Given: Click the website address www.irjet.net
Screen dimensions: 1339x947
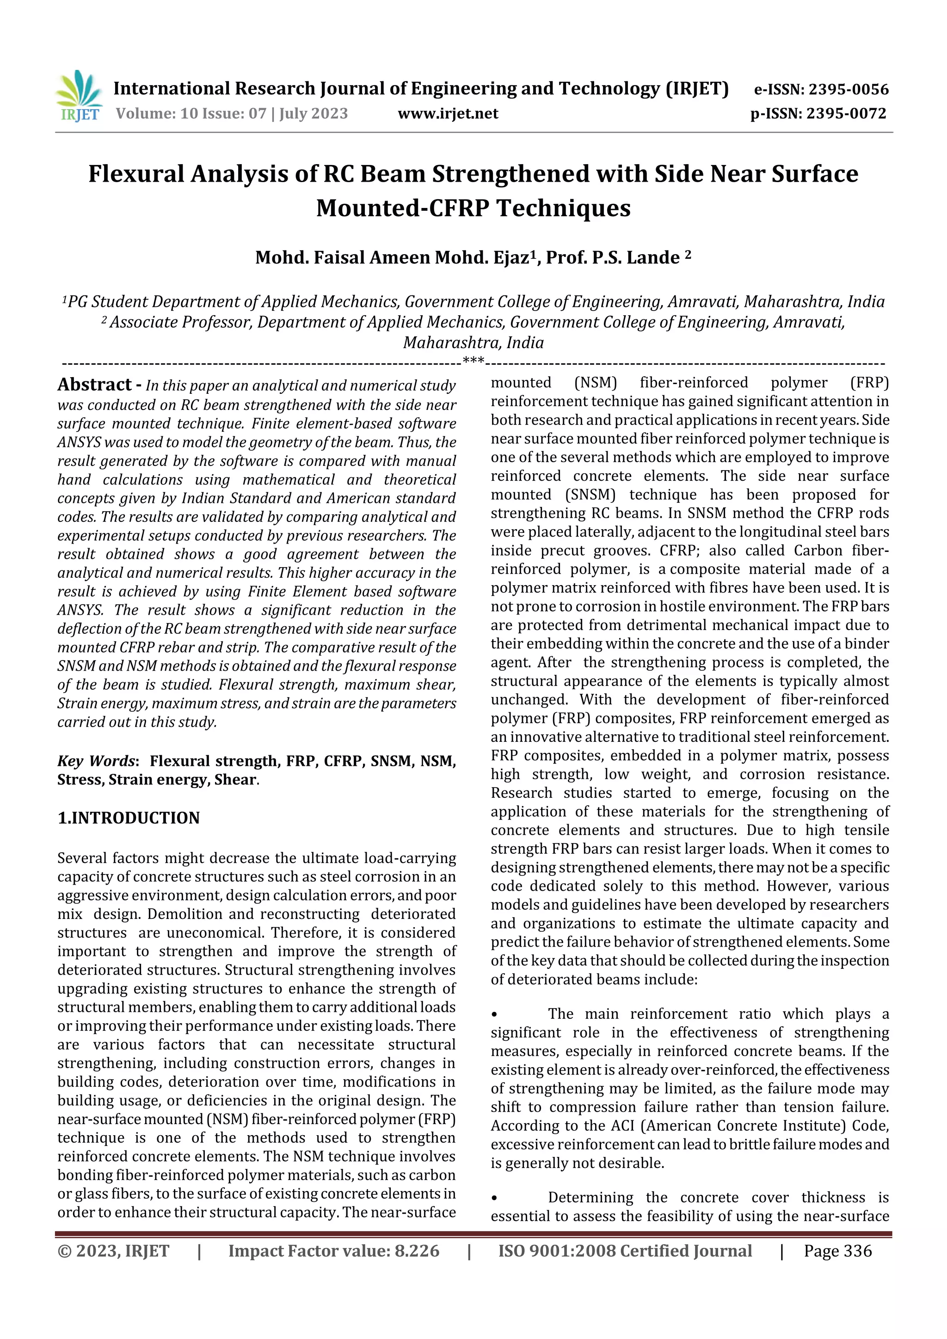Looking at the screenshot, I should click(448, 114).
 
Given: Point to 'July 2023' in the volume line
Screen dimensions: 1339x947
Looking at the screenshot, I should click(314, 114).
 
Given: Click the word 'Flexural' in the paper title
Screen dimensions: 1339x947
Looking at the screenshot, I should click(136, 174).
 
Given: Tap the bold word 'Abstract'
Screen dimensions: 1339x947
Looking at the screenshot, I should click(94, 385).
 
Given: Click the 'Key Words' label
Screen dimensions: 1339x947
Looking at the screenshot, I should click(96, 761).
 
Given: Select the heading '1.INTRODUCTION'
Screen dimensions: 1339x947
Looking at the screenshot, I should click(129, 818).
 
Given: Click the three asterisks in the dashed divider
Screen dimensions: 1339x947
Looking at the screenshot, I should click(473, 361).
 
